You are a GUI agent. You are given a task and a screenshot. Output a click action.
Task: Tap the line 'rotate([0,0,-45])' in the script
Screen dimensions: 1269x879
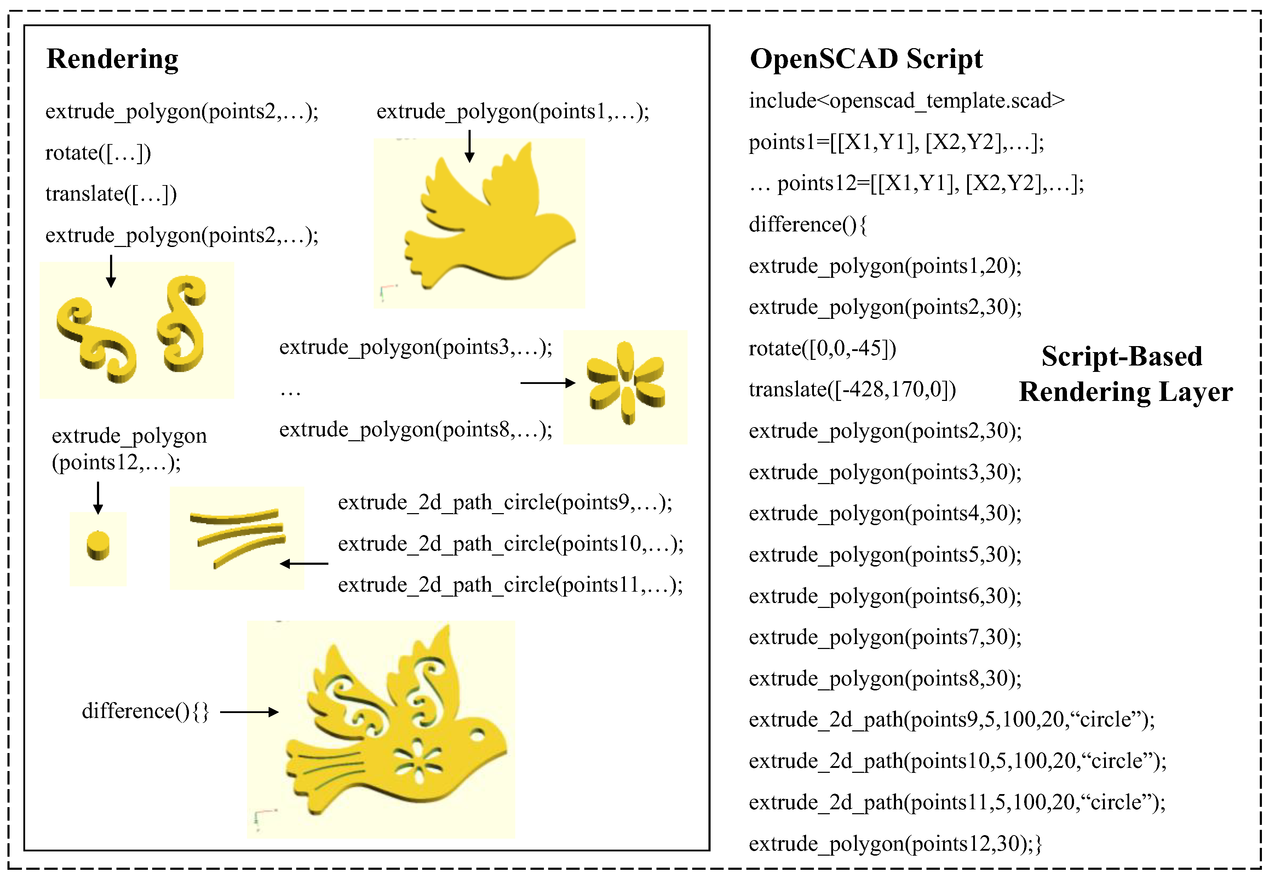(822, 348)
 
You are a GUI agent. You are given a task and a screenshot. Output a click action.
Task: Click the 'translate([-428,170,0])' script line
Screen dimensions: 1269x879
(852, 389)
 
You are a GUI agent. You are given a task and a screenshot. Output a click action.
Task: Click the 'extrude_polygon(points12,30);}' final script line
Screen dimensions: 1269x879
(895, 843)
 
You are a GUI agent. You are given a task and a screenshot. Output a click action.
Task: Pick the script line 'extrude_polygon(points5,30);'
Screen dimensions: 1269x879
(885, 555)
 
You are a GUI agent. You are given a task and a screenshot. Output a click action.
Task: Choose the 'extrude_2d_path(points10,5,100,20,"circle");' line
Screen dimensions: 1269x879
(957, 760)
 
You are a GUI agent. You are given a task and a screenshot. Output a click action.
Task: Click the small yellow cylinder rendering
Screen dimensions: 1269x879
(98, 545)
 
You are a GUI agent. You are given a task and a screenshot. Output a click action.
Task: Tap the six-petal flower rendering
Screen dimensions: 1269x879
(626, 383)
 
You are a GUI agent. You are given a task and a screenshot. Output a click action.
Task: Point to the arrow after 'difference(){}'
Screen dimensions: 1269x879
(249, 712)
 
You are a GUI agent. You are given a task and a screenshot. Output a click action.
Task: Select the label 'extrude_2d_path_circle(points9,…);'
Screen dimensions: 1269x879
(505, 502)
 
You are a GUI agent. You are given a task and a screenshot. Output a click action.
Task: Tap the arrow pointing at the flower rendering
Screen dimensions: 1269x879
(547, 383)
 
